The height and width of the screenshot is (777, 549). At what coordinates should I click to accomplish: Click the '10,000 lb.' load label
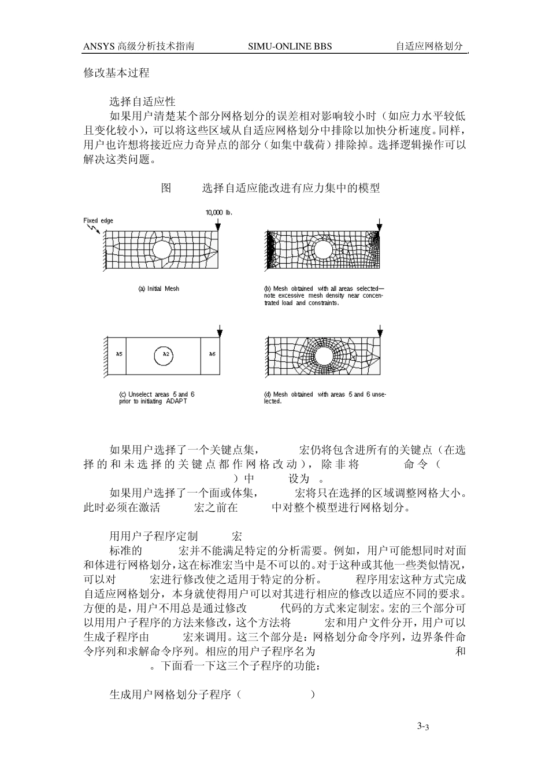(219, 212)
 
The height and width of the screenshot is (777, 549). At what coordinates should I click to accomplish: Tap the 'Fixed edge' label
(98, 220)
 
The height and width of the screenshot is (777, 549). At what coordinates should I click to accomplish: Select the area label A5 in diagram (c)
(118, 354)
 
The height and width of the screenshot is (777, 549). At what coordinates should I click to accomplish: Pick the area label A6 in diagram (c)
(212, 354)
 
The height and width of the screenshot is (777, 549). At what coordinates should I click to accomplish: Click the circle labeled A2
(165, 354)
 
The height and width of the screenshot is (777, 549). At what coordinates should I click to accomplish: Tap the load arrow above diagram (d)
(379, 332)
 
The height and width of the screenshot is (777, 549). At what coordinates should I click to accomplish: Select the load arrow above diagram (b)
(379, 225)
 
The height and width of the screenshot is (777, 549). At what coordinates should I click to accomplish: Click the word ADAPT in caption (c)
(176, 401)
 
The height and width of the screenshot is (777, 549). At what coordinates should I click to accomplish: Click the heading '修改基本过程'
(117, 73)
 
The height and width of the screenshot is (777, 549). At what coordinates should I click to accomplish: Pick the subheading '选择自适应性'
(142, 102)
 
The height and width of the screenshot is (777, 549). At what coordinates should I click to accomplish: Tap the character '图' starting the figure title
(166, 188)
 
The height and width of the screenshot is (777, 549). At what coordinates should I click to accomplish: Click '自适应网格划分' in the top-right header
(429, 46)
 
